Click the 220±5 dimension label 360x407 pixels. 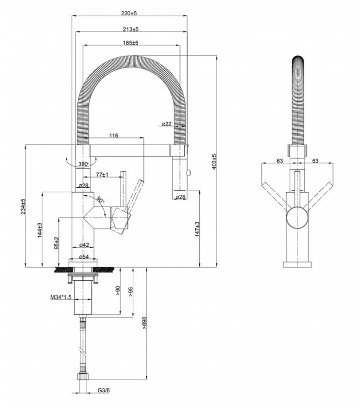pyautogui.click(x=129, y=13)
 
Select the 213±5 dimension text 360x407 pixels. pyautogui.click(x=131, y=29)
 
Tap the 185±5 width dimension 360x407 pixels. pyautogui.click(x=131, y=43)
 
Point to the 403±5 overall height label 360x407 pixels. pyautogui.click(x=214, y=161)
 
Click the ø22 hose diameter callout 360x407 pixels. pyautogui.click(x=167, y=124)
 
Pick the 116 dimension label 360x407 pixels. pyautogui.click(x=113, y=135)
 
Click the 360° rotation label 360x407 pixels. pyautogui.click(x=83, y=164)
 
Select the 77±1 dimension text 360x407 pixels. pyautogui.click(x=102, y=175)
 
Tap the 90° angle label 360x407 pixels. pyautogui.click(x=100, y=199)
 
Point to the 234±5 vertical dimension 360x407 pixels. pyautogui.click(x=23, y=207)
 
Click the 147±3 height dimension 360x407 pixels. pyautogui.click(x=197, y=229)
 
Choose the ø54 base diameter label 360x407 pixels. pyautogui.click(x=84, y=257)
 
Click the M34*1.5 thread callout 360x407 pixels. pyautogui.click(x=61, y=297)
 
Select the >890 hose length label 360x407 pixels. pyautogui.click(x=144, y=323)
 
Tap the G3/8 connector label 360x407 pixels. pyautogui.click(x=104, y=397)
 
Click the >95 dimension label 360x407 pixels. pyautogui.click(x=131, y=291)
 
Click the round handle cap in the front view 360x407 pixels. pyautogui.click(x=297, y=218)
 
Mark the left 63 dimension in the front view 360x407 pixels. pyautogui.click(x=279, y=161)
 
